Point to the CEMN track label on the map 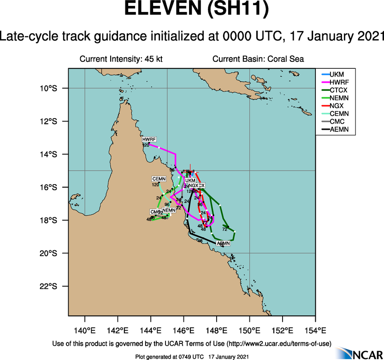[159, 179]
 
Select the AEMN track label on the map [223, 243]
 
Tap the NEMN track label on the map [169, 210]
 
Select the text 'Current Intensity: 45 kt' [121, 59]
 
